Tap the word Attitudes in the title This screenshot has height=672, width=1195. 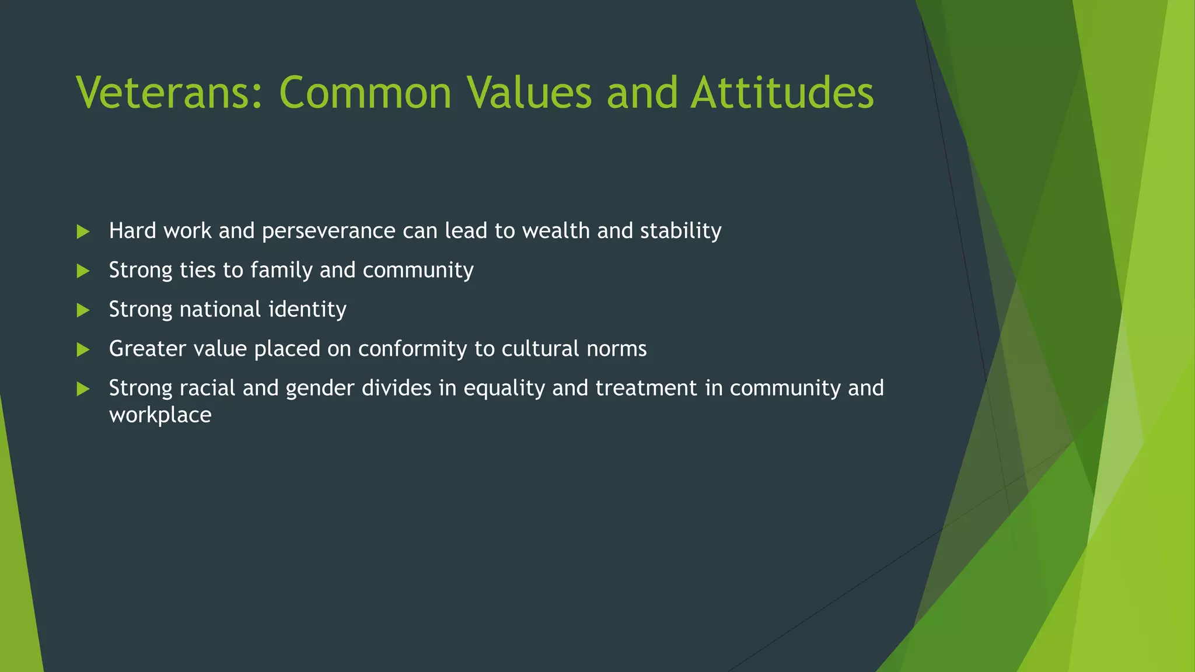pyautogui.click(x=782, y=93)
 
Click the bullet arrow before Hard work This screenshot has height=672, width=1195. pyautogui.click(x=83, y=232)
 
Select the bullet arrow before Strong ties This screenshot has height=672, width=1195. pyautogui.click(x=83, y=271)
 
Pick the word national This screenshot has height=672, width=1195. pyautogui.click(x=220, y=309)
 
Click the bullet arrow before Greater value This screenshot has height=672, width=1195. pyautogui.click(x=83, y=349)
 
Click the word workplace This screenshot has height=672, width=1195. pyautogui.click(x=160, y=415)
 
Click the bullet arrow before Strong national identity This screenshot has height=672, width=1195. pyautogui.click(x=83, y=310)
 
